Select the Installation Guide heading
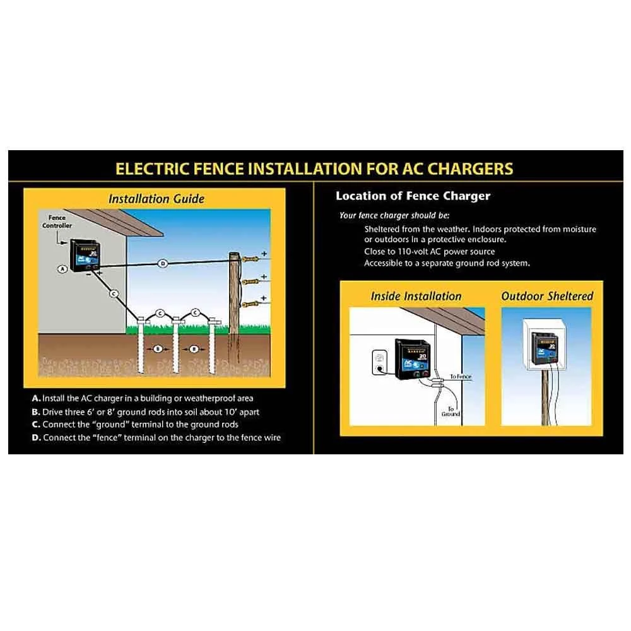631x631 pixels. click(x=156, y=199)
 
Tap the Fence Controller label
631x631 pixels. click(x=57, y=221)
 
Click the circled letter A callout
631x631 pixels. click(x=62, y=269)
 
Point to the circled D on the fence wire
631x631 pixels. click(x=162, y=262)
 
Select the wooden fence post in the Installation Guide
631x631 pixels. click(x=235, y=309)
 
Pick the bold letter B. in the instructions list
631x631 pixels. click(x=36, y=411)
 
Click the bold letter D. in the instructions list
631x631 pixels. click(x=37, y=437)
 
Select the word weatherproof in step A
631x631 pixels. click(x=204, y=398)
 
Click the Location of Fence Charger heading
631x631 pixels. click(x=413, y=196)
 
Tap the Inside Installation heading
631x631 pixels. click(x=416, y=296)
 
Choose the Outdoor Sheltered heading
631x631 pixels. click(x=547, y=296)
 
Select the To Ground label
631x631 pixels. click(x=451, y=411)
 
